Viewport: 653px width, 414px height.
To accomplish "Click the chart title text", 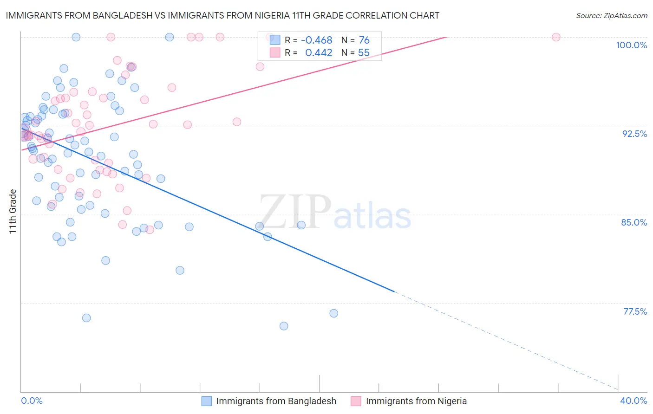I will pos(222,15).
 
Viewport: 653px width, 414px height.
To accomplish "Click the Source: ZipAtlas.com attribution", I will pos(611,15).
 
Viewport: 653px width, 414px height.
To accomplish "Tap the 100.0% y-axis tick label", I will pos(631,45).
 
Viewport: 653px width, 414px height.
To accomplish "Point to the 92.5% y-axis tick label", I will pos(634,134).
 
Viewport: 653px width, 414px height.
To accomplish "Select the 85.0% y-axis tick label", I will pos(634,222).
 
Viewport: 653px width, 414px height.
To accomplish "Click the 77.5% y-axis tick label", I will pos(635,311).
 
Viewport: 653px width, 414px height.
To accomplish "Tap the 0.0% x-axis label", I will pos(32,401).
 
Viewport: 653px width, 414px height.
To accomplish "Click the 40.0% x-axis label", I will pos(633,401).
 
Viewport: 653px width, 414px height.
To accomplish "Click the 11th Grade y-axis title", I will pos(13,211).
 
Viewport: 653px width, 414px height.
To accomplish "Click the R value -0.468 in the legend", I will pos(317,40).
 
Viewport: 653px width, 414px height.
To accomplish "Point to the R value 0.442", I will pos(319,53).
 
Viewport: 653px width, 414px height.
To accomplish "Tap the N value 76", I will pos(364,40).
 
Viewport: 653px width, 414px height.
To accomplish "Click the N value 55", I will pos(364,53).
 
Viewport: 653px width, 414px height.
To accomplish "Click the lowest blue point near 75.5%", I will pos(284,326).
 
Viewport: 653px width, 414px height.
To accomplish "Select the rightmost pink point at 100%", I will pos(556,37).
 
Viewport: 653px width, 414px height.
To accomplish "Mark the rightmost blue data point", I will pos(333,313).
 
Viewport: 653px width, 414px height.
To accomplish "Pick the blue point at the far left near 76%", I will pos(86,318).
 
